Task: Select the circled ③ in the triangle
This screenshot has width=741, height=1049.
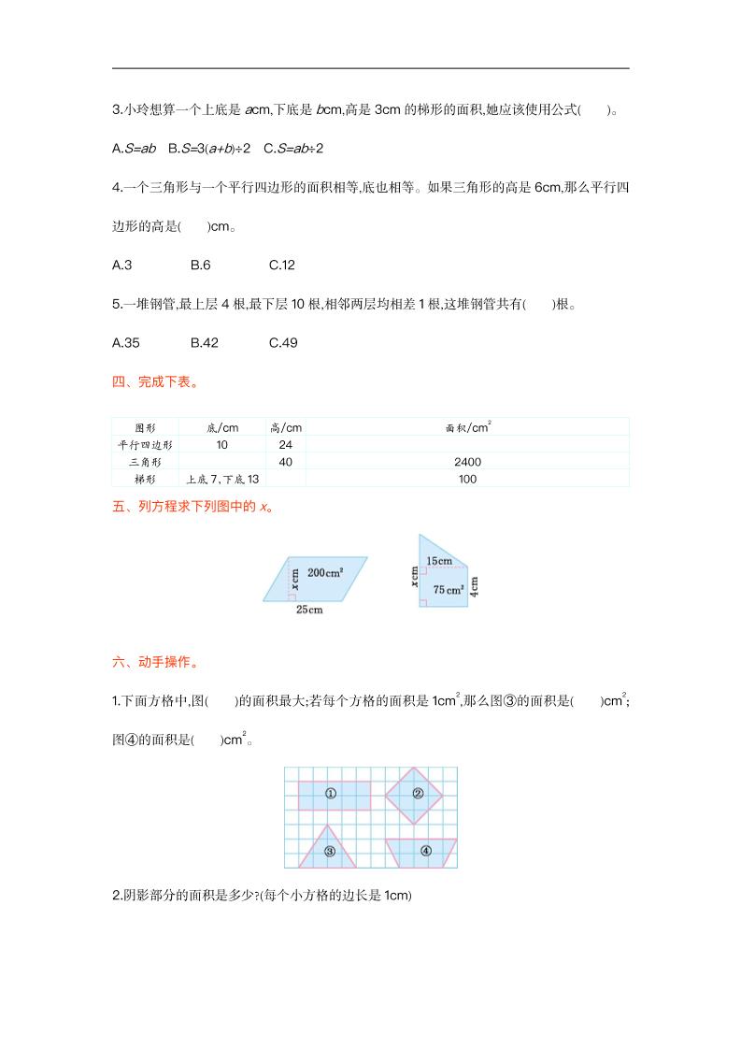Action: click(x=330, y=851)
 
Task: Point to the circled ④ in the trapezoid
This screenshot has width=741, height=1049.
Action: click(x=425, y=851)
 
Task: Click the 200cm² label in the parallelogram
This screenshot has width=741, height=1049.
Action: click(x=324, y=571)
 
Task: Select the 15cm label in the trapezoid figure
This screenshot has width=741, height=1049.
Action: click(x=439, y=561)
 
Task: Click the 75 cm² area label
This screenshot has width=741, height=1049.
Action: click(x=449, y=589)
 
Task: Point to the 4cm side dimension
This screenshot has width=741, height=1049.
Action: click(x=475, y=586)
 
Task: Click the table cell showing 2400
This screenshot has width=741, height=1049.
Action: click(x=468, y=462)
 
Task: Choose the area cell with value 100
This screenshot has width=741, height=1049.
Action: click(x=468, y=479)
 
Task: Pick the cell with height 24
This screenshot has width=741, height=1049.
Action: click(x=286, y=445)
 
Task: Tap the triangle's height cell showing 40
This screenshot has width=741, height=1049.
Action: click(x=286, y=462)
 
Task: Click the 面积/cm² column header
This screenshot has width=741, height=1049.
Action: click(x=468, y=427)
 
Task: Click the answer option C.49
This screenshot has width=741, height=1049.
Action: click(x=282, y=343)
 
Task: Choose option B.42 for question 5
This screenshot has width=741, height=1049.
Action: click(x=204, y=343)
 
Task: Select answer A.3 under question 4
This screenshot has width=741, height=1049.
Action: click(x=121, y=265)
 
